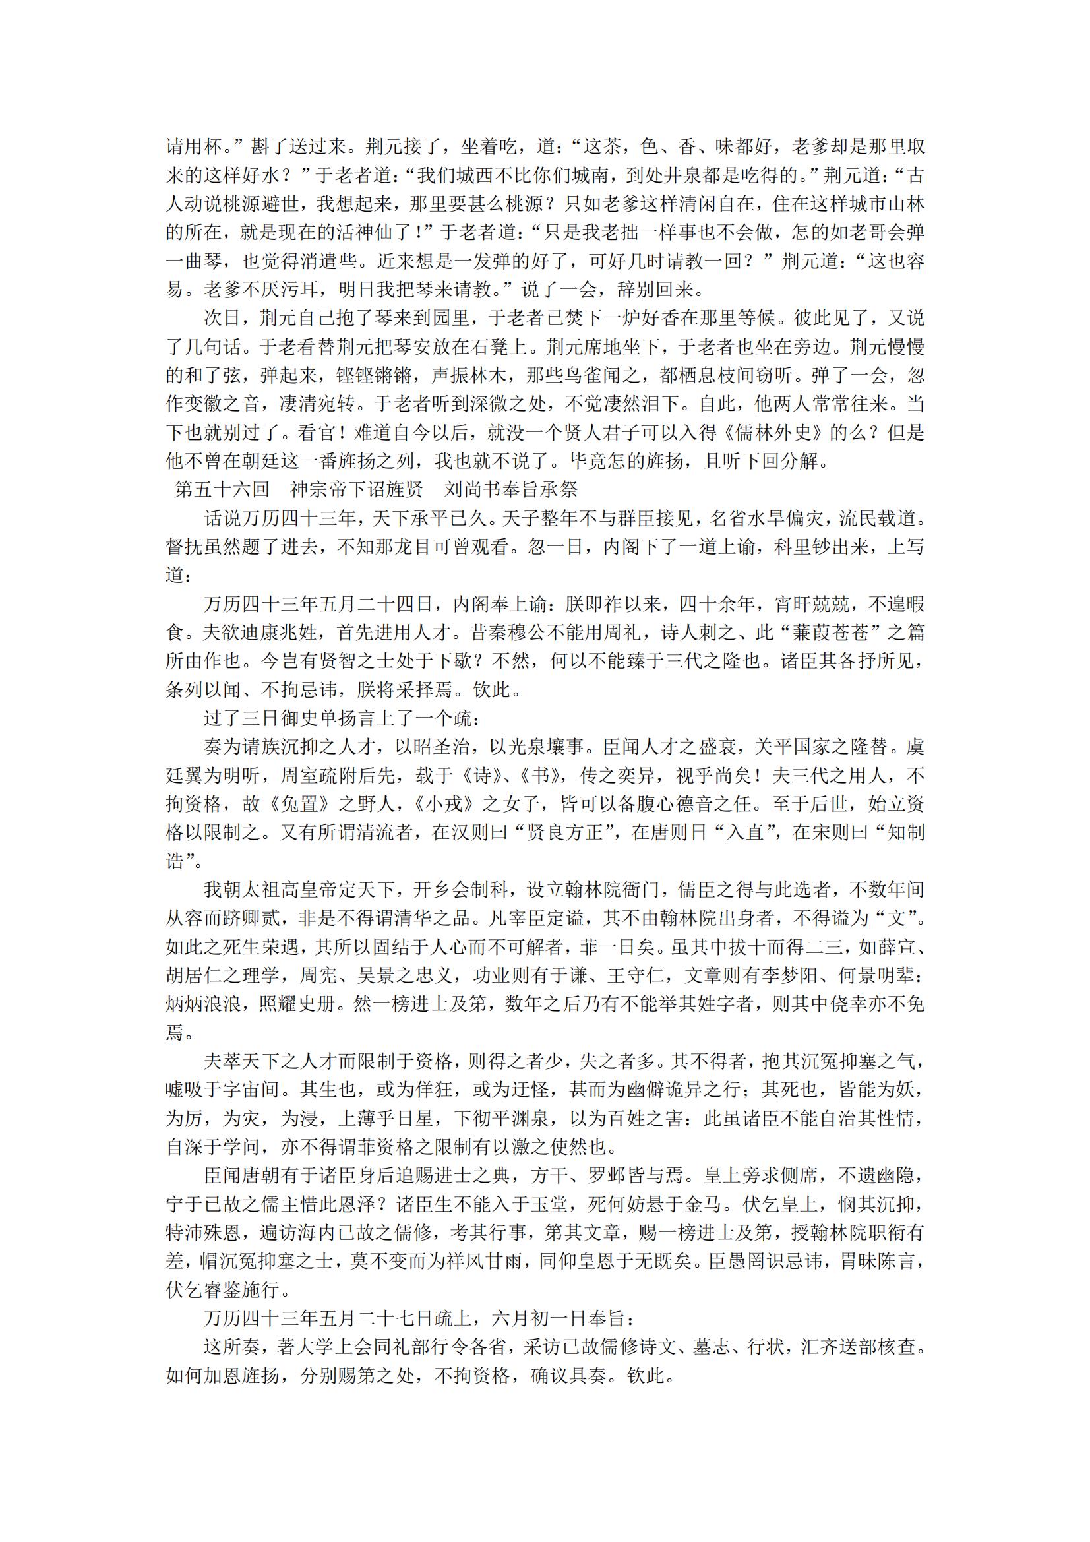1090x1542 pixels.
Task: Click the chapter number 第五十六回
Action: (222, 489)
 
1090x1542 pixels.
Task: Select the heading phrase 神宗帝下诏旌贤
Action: (357, 489)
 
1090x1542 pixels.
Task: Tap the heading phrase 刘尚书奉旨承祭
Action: (510, 489)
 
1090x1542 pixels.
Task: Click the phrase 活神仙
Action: (355, 232)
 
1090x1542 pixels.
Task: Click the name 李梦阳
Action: (811, 976)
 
